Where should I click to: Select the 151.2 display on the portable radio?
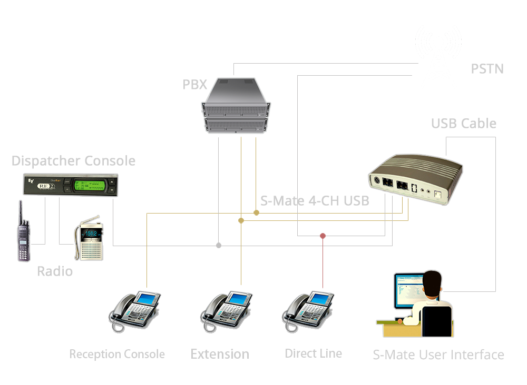click(x=91, y=233)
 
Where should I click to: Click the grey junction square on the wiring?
click(x=219, y=245)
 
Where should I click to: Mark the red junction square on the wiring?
click(x=323, y=236)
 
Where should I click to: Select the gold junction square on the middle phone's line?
click(x=241, y=221)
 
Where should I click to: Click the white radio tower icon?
click(x=438, y=55)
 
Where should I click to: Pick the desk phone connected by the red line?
click(x=310, y=311)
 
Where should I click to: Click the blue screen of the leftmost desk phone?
click(x=149, y=298)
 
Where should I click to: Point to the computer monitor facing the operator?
click(x=408, y=291)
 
